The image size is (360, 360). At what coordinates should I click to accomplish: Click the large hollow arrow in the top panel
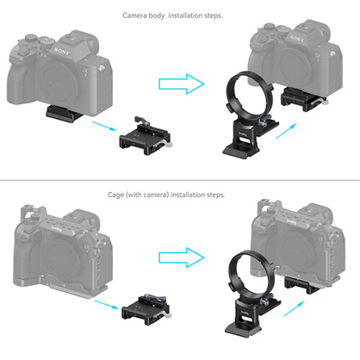coord(180,84)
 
